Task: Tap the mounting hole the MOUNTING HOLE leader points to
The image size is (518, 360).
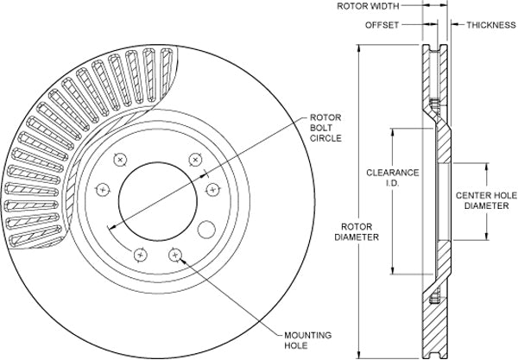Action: (175, 255)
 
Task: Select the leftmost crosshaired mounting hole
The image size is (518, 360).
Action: (103, 188)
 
